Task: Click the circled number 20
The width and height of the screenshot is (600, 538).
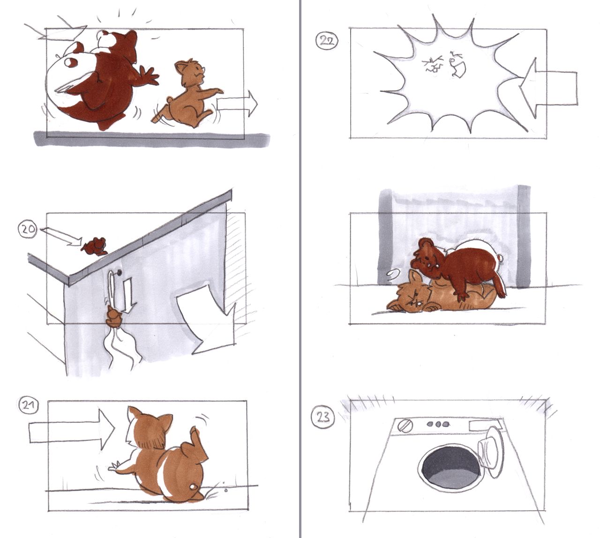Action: coord(28,230)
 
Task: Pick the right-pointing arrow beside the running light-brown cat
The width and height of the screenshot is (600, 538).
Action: coord(236,104)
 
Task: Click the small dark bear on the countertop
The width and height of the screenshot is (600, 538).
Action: coord(95,246)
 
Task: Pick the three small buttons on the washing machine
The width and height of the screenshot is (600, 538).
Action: coord(438,424)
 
